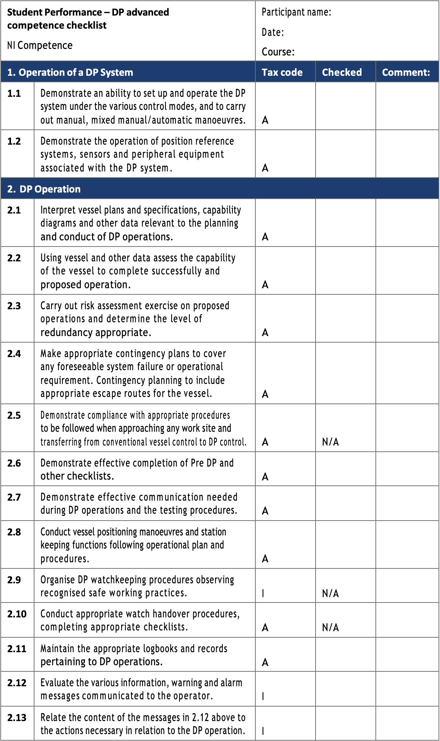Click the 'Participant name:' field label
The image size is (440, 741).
pos(296,12)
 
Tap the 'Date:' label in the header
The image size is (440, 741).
pos(273,32)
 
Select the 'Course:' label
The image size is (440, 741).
pos(278,52)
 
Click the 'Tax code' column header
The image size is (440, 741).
pos(282,72)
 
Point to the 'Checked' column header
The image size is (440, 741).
pos(342,72)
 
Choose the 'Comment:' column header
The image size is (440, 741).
pos(406,72)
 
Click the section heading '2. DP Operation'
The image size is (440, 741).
pos(44,189)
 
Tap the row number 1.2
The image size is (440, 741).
pos(14,141)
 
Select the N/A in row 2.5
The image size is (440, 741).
pos(330,442)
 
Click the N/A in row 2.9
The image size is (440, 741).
pos(330,593)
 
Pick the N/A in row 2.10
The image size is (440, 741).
pos(330,627)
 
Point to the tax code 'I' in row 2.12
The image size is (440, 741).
pos(263,696)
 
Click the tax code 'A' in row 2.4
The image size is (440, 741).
pos(265,394)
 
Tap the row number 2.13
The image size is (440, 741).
pos(17,717)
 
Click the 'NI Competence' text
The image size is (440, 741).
pos(40,45)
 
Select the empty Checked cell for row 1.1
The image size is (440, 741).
pos(345,106)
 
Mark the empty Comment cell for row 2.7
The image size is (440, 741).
pos(407,503)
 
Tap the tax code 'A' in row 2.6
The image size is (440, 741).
pos(265,476)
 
